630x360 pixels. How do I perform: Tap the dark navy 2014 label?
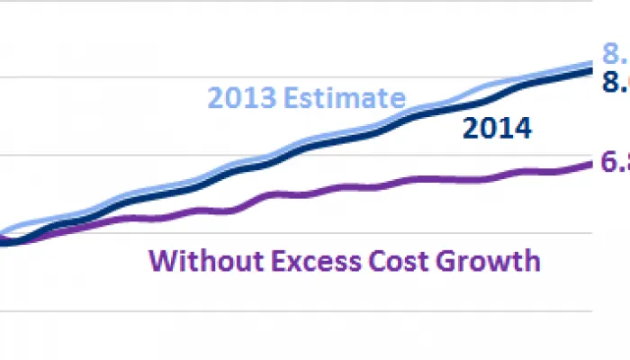click(496, 129)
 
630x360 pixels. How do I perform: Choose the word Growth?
click(488, 262)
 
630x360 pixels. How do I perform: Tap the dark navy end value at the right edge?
click(616, 83)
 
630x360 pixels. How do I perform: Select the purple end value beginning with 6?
click(616, 163)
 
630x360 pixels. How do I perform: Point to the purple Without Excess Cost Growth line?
click(360, 187)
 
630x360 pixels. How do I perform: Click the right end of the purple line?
click(592, 163)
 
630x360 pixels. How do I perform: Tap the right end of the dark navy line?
click(592, 69)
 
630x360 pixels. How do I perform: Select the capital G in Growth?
click(450, 261)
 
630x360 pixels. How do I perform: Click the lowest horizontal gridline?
click(297, 311)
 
